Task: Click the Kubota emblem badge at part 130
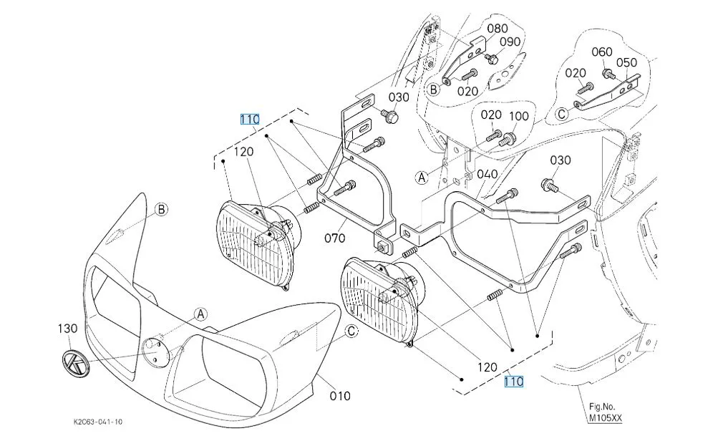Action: coord(73,364)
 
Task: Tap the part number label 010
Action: coord(339,395)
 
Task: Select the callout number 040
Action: coord(487,175)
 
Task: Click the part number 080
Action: coord(497,29)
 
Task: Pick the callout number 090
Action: coord(510,42)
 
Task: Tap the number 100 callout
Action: coord(518,116)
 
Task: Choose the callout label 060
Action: coord(603,52)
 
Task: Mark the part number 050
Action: coord(626,63)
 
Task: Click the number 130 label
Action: coord(67,328)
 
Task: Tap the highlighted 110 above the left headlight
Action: coord(249,120)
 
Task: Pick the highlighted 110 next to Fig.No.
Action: coord(513,382)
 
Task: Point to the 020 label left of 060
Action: coord(576,72)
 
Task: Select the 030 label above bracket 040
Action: coord(560,160)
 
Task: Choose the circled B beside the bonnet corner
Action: coord(162,209)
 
